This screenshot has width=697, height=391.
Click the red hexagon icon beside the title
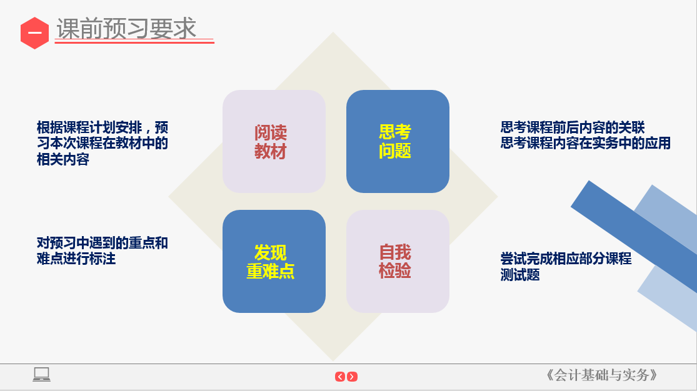click(34, 33)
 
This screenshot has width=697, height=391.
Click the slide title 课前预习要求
click(126, 29)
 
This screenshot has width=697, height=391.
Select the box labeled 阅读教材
click(274, 141)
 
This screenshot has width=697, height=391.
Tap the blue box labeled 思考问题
click(398, 141)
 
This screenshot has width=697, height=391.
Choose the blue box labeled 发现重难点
click(274, 261)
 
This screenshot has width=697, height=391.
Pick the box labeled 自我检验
click(398, 261)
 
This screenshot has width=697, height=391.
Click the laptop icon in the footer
click(42, 374)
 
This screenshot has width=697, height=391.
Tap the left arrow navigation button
click(340, 377)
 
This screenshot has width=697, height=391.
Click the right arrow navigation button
click(353, 377)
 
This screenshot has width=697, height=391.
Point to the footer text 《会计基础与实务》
click(601, 375)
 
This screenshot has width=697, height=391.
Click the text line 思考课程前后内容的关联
click(573, 127)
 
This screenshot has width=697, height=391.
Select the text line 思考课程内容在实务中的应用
click(585, 143)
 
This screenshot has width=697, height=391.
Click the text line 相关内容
click(63, 159)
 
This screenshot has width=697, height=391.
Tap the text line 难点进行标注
click(76, 259)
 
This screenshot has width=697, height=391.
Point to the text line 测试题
click(520, 275)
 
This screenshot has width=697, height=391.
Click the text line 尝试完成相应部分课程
click(566, 259)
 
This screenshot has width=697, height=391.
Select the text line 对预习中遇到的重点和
click(103, 243)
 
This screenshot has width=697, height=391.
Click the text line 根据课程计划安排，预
click(103, 127)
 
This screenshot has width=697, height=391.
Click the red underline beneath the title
click(134, 42)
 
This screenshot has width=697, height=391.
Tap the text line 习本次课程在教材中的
click(103, 143)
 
